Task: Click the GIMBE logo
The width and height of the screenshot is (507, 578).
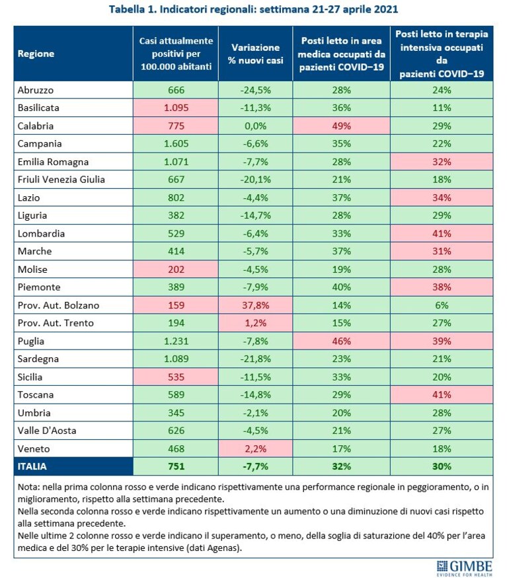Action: pos(464,567)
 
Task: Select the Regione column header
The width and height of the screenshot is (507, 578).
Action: pos(36,54)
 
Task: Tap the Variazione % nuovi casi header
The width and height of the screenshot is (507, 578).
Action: pos(255,54)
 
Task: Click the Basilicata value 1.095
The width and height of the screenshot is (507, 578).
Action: pos(176,108)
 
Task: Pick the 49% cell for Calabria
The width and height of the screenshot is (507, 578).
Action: pos(341,126)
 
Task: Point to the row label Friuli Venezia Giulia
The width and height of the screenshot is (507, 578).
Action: pos(61,180)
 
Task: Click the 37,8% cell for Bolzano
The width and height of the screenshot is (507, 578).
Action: pos(255,305)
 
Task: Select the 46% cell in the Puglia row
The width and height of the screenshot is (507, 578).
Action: pos(341,341)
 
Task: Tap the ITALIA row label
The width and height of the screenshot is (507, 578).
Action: pos(32,466)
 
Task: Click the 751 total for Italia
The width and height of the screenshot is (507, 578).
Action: pos(176,466)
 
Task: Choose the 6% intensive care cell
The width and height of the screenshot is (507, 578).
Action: pos(442,305)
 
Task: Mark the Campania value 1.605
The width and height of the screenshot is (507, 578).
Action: pos(176,144)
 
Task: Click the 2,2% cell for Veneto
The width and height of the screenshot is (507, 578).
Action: pos(255,449)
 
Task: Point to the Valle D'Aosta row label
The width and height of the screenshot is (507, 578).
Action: pos(47,431)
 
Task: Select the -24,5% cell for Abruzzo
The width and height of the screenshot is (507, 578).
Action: pos(255,90)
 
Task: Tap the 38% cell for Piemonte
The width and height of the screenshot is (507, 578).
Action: pos(442,287)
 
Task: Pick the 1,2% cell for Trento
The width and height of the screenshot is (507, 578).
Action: pos(255,323)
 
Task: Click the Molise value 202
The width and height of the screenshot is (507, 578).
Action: pos(176,270)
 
